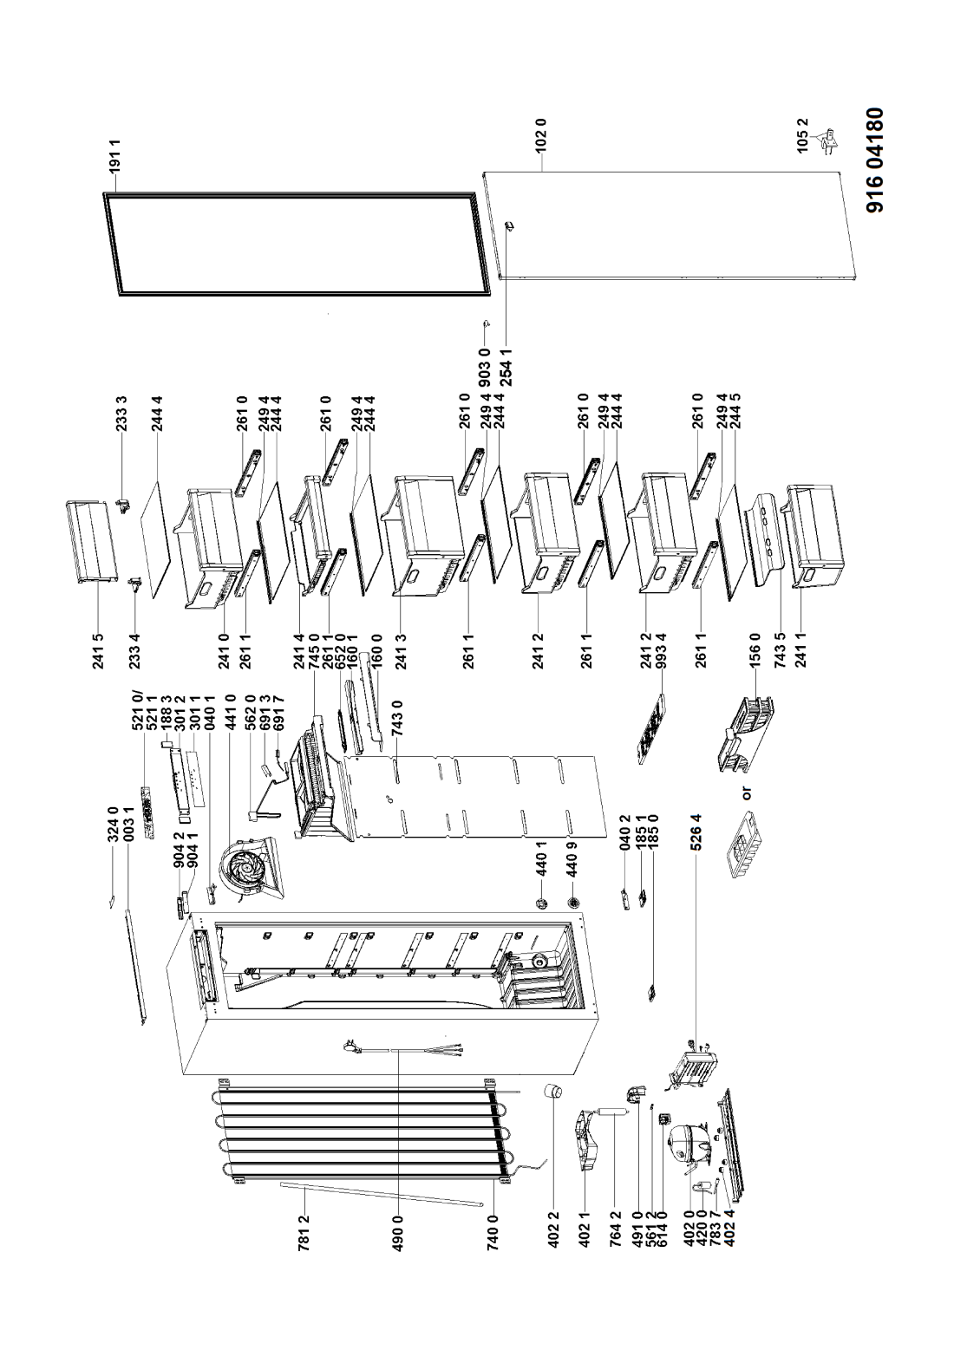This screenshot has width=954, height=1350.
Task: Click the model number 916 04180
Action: click(875, 160)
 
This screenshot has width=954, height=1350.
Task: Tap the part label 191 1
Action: click(115, 156)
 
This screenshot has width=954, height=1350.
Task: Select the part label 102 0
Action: click(542, 138)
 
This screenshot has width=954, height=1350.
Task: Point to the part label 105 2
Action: click(802, 136)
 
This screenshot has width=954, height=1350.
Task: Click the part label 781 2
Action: click(305, 1230)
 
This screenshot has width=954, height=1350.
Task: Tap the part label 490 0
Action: click(398, 1230)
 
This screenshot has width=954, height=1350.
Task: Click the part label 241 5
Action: click(98, 651)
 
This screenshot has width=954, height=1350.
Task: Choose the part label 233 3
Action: click(121, 413)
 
